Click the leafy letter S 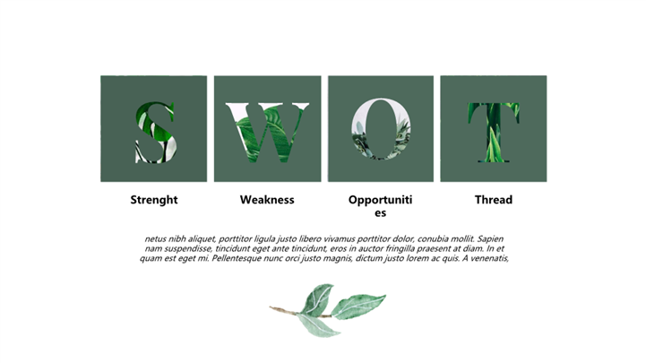click(155, 132)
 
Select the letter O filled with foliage click(381, 128)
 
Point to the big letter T click(494, 133)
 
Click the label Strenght click(154, 200)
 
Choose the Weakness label click(267, 200)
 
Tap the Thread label click(494, 200)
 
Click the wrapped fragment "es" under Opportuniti click(380, 213)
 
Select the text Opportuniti click(380, 200)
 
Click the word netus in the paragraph click(155, 239)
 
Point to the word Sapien click(490, 239)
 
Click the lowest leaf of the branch click(318, 325)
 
